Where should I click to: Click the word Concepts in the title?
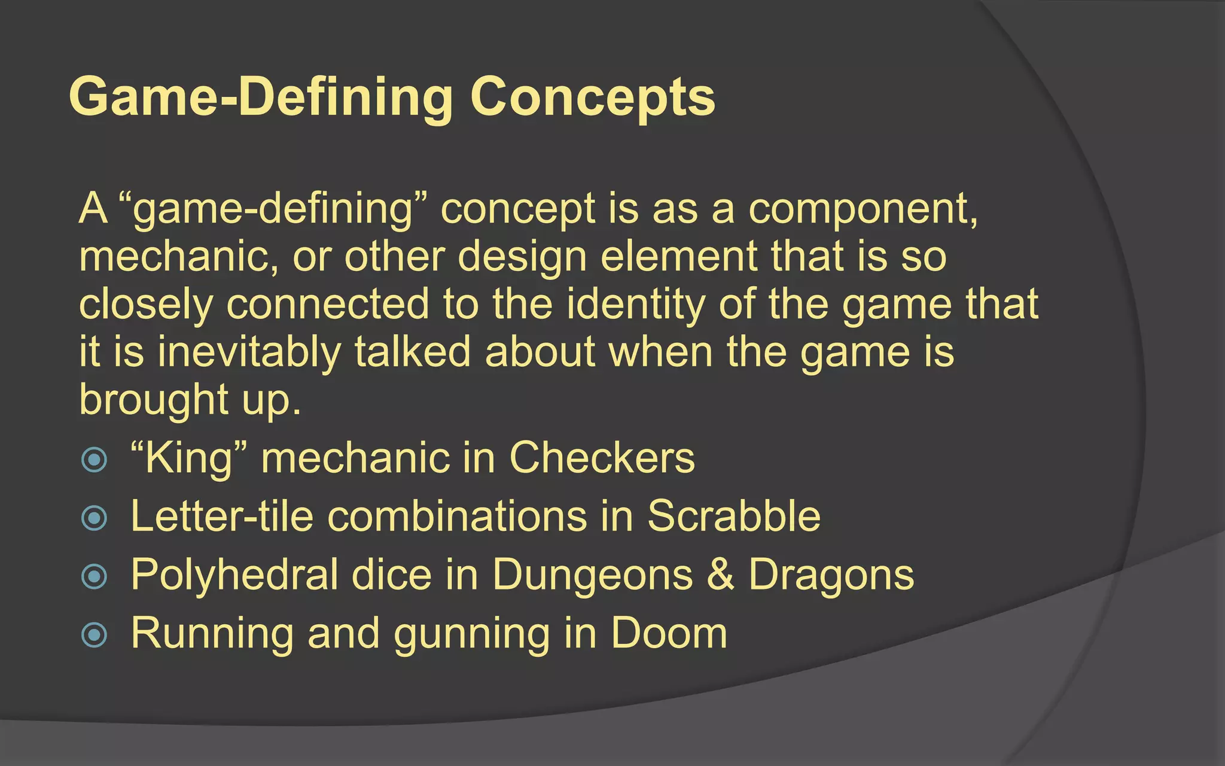point(592,98)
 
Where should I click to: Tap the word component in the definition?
point(863,209)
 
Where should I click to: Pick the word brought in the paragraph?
point(153,399)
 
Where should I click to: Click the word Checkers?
point(602,458)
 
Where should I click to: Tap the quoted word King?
point(188,458)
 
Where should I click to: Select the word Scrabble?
point(734,516)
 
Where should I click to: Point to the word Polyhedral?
point(234,575)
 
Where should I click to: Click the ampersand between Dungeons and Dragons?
point(720,574)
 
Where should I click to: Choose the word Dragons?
point(831,575)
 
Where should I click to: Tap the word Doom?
point(669,633)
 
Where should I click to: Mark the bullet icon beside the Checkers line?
point(94,460)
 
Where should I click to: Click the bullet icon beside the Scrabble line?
point(94,518)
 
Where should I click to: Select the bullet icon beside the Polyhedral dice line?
point(94,576)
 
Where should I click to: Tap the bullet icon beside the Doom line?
point(94,635)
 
